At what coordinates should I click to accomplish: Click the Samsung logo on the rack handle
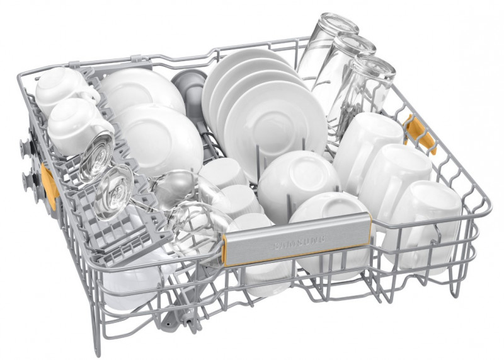(299, 242)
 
